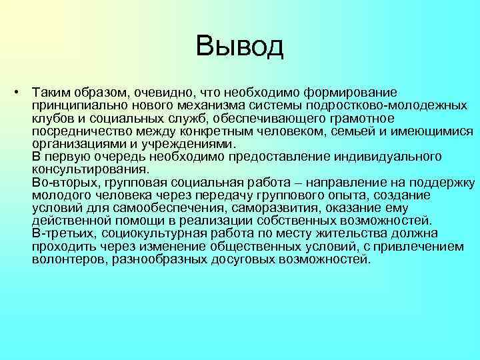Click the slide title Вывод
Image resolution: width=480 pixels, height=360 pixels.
pyautogui.click(x=240, y=46)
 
